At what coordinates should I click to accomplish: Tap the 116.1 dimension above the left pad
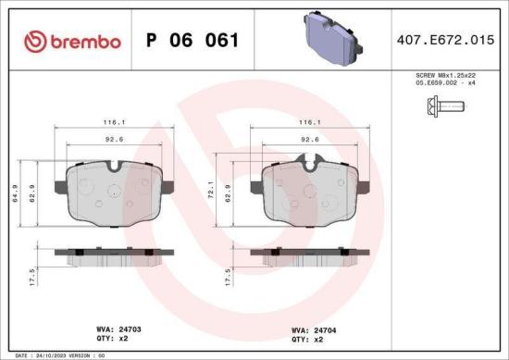[x=115, y=121]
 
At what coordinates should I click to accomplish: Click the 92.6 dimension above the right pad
[x=310, y=139]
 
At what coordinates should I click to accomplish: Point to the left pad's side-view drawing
[x=115, y=254]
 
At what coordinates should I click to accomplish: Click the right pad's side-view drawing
[x=309, y=254]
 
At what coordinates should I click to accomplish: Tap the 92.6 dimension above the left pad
[x=115, y=139]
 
